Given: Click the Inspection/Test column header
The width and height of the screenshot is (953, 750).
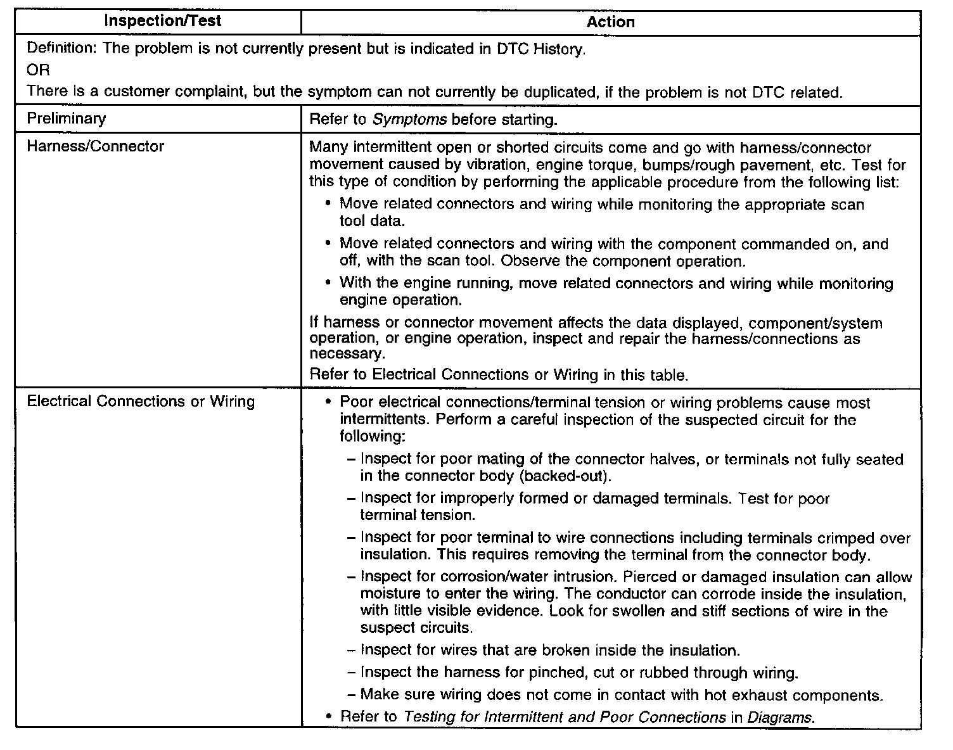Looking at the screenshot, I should (162, 21).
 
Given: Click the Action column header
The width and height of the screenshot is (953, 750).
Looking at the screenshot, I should (610, 22).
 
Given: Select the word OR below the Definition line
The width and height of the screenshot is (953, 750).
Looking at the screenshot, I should (38, 70).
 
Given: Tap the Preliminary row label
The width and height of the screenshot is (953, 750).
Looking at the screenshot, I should (67, 118).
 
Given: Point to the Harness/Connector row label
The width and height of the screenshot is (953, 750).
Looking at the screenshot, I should (95, 146).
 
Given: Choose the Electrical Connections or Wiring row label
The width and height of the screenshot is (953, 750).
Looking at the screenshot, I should (141, 402).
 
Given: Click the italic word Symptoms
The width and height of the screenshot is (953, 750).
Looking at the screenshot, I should (410, 119).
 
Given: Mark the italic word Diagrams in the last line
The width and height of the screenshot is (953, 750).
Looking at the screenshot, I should (779, 717).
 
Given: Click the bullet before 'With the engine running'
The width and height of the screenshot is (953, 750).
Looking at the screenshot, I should (328, 283).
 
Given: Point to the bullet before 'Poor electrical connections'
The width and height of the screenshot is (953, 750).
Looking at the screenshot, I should (328, 403).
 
